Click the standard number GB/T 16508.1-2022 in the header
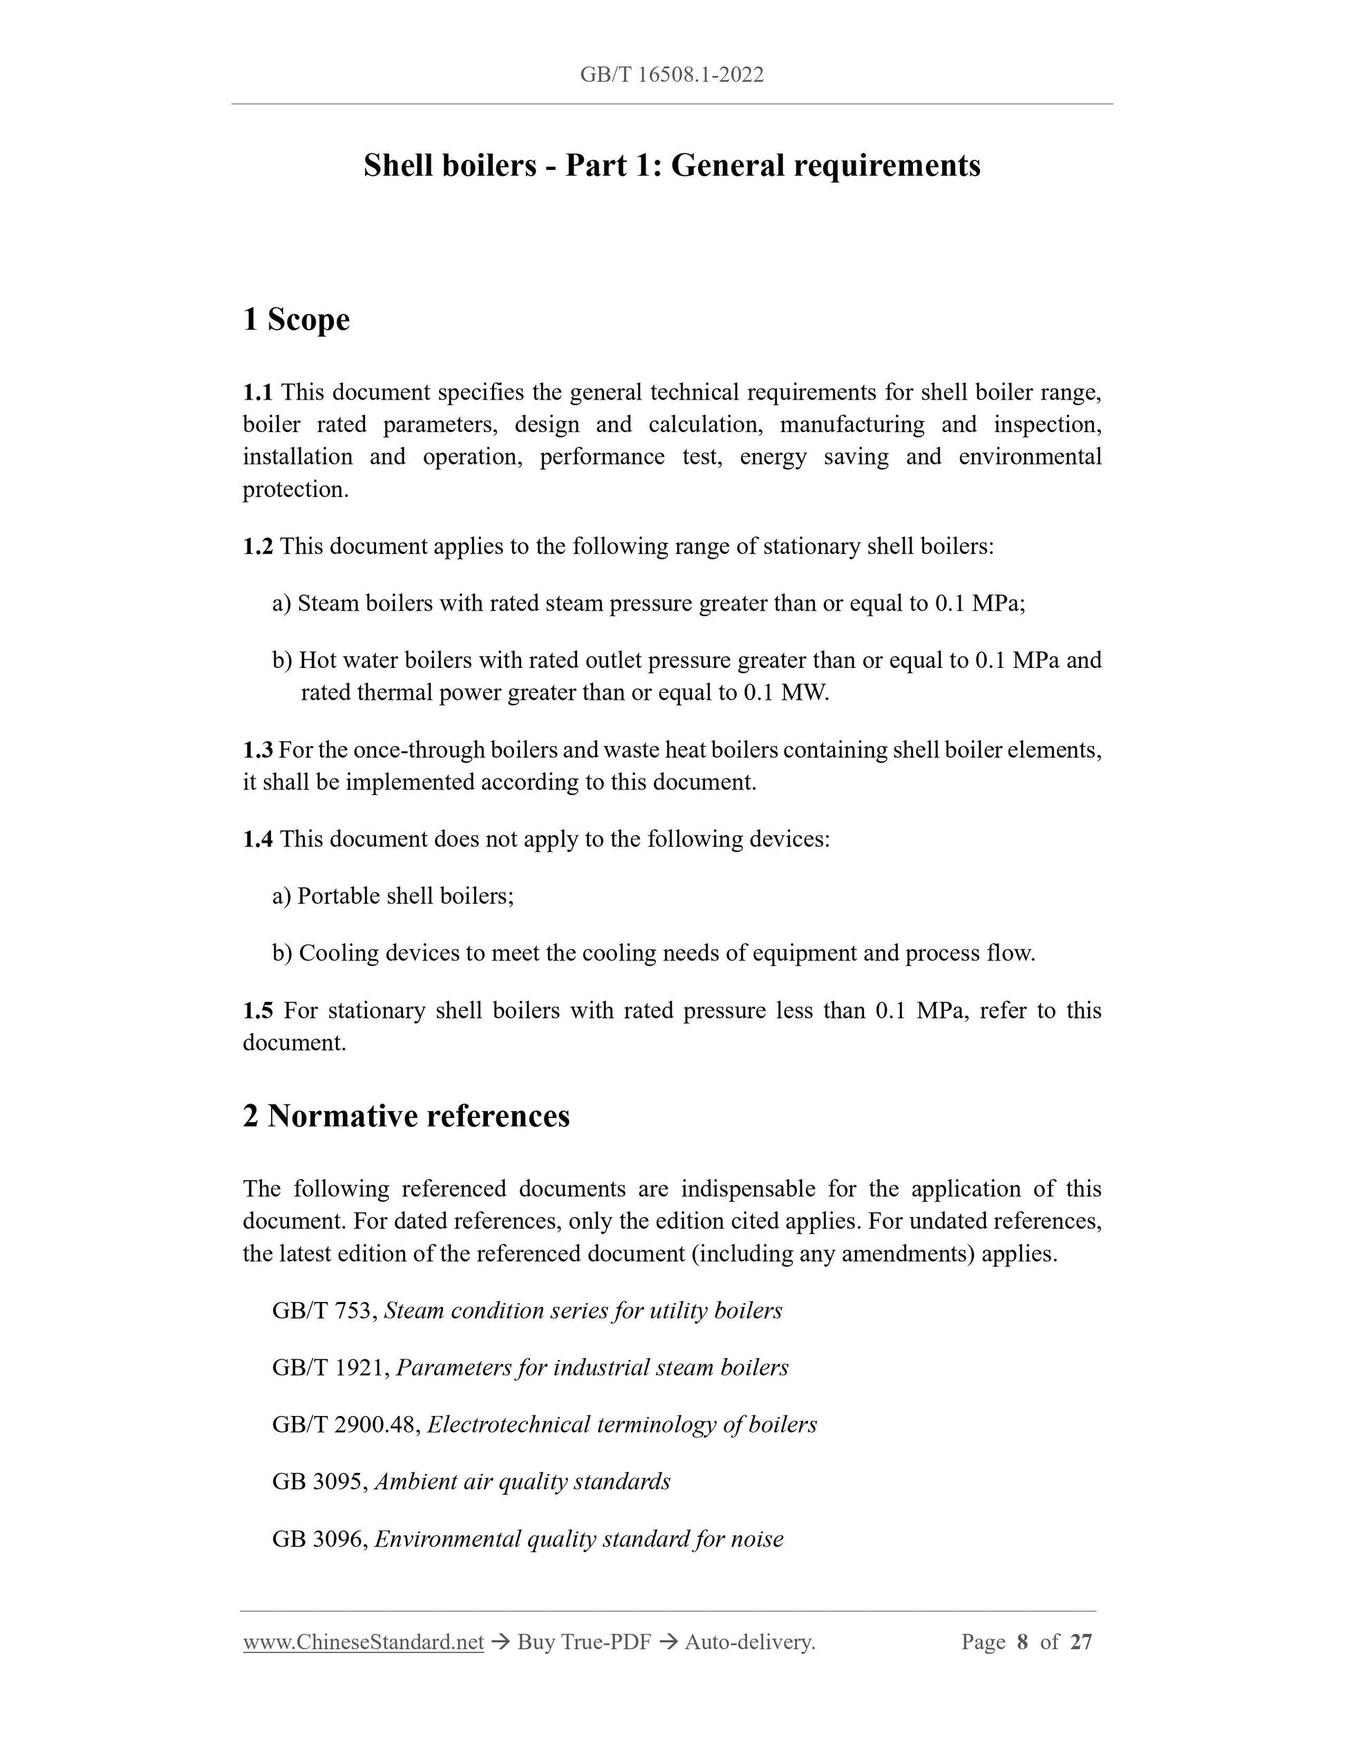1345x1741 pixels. (672, 75)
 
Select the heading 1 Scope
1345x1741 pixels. (297, 319)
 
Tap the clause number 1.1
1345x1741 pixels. (257, 392)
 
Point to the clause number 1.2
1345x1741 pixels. (257, 546)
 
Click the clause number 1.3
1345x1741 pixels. (257, 750)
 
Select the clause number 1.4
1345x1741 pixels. (257, 839)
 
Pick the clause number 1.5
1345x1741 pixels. (257, 1010)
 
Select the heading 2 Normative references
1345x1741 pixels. (406, 1116)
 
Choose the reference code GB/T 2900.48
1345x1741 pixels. (344, 1424)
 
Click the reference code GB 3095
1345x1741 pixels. (318, 1481)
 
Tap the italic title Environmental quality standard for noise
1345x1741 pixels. (579, 1538)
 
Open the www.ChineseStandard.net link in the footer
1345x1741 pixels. (364, 1642)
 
